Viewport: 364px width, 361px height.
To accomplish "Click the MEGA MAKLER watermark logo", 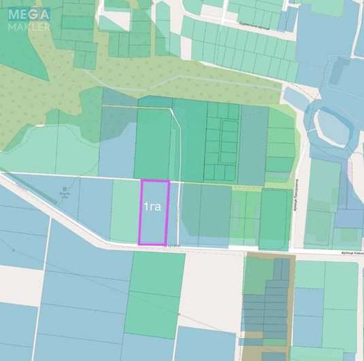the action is click(x=29, y=18).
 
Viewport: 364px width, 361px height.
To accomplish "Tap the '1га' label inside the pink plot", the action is click(x=152, y=206).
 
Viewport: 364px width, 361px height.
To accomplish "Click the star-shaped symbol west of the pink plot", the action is click(x=65, y=188).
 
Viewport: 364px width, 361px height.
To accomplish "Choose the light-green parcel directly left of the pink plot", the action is click(x=125, y=211).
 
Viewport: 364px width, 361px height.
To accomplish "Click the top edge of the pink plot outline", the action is click(x=154, y=181).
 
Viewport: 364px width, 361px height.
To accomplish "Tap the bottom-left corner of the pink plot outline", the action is click(x=140, y=243).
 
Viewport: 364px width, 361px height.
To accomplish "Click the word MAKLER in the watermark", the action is click(x=29, y=27).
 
